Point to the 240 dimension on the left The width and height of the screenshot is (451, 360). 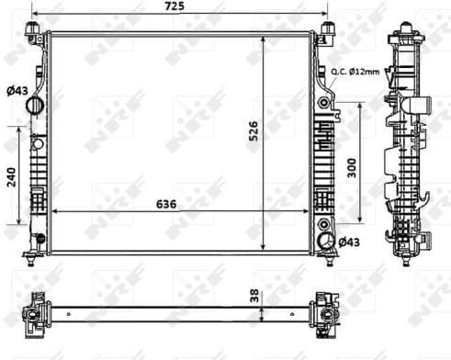point(11,176)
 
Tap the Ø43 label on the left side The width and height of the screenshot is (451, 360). point(16,90)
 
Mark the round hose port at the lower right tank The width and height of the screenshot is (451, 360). point(325,242)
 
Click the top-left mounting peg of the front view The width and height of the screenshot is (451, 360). point(34,35)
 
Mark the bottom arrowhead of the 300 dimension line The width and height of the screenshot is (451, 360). point(359,220)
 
